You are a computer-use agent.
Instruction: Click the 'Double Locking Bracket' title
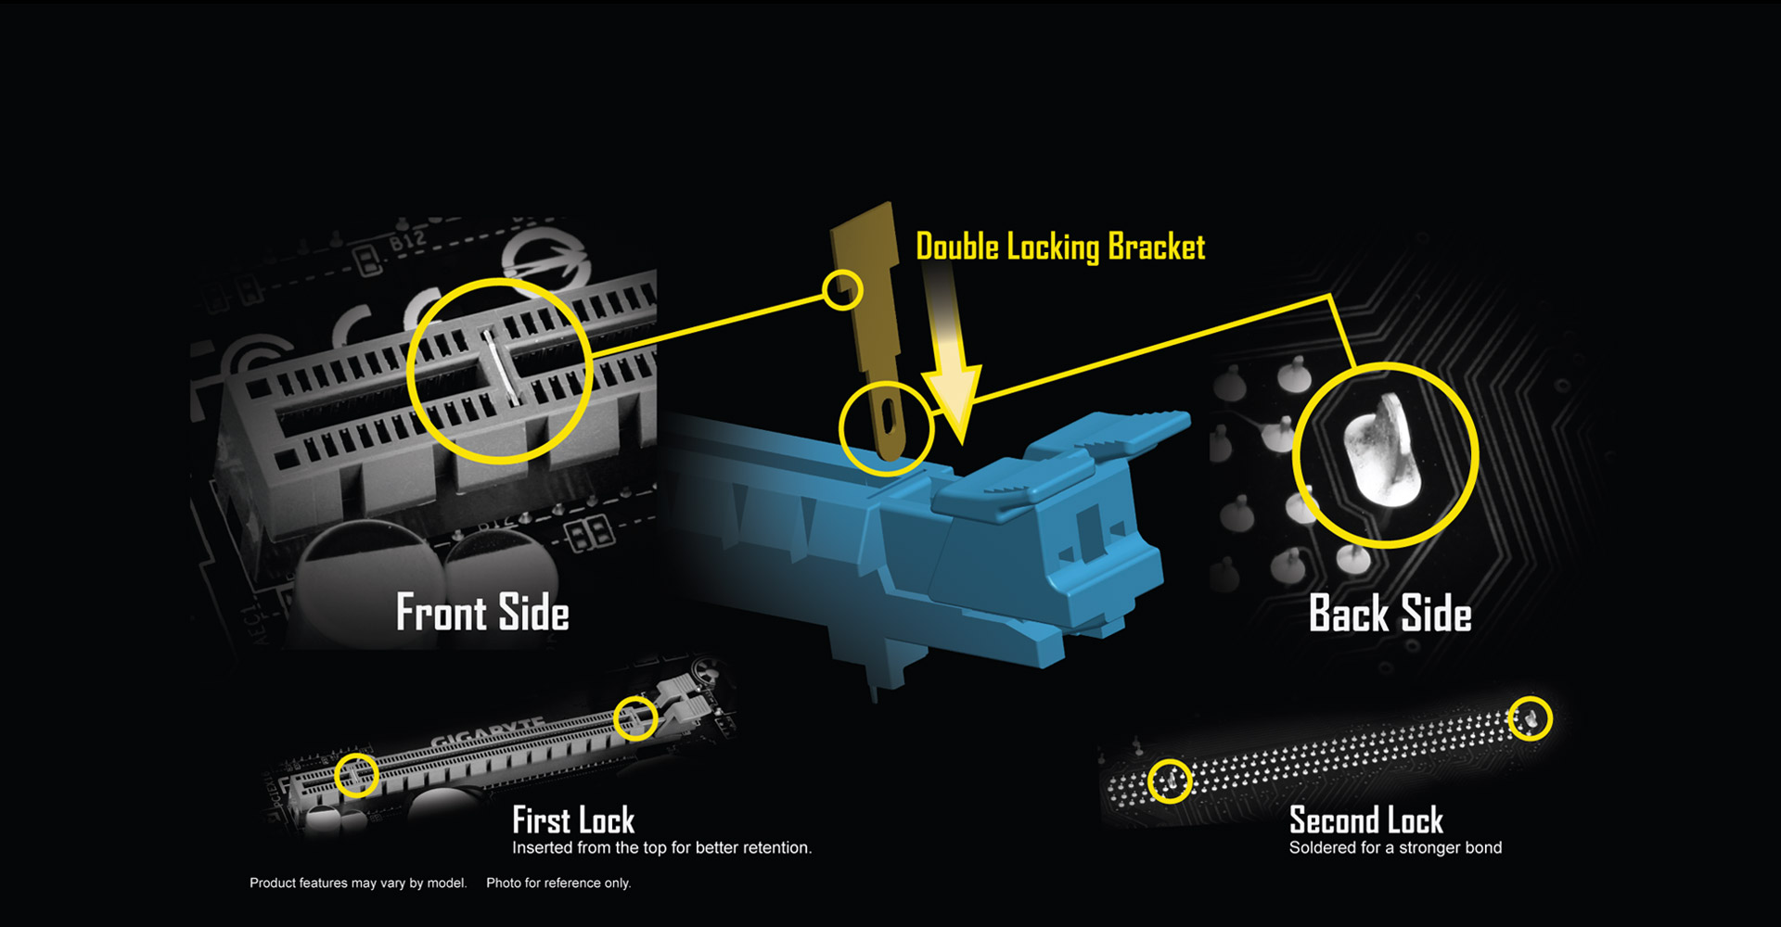tap(1060, 247)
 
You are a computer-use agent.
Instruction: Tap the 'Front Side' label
tap(482, 613)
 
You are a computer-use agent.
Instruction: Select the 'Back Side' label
tap(1390, 614)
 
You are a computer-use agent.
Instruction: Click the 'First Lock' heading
tap(573, 820)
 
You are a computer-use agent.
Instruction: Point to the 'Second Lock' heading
tap(1366, 820)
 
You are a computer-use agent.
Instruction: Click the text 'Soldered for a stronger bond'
tap(1395, 847)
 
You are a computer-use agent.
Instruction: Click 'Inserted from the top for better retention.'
tap(661, 847)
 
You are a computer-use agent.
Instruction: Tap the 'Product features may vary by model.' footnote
tap(358, 883)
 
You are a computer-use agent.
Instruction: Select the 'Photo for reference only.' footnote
tap(558, 883)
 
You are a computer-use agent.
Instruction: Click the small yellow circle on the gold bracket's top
tap(842, 290)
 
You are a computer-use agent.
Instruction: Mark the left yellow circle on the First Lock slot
tap(356, 775)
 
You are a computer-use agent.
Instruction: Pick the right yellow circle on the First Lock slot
tap(635, 717)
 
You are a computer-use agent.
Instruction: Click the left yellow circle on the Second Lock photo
tap(1170, 781)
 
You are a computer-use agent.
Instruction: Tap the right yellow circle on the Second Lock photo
tap(1530, 718)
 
